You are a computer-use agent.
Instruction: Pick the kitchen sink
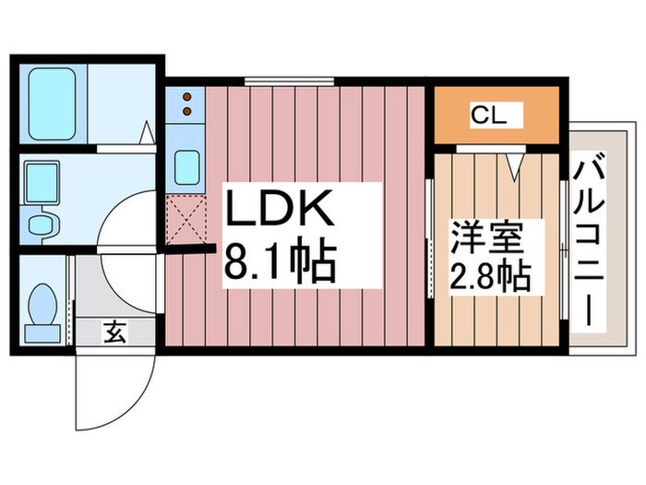click(186, 167)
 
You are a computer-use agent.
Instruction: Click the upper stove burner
click(187, 96)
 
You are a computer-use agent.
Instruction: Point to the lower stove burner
click(187, 112)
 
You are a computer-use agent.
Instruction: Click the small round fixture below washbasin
click(39, 224)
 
